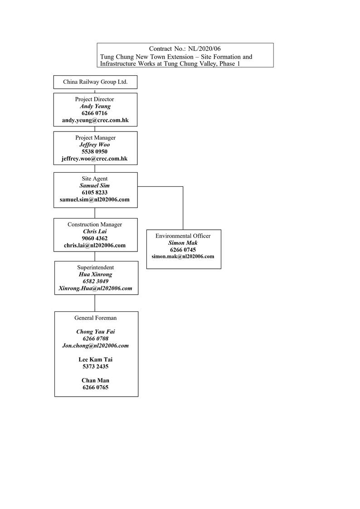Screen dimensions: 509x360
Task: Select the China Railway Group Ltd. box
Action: click(x=95, y=82)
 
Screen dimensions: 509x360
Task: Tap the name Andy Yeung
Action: click(x=95, y=106)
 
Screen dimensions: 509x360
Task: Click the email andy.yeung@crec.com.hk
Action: click(x=95, y=121)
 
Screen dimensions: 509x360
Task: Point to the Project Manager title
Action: click(x=95, y=137)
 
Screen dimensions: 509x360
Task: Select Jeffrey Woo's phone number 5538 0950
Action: click(x=95, y=151)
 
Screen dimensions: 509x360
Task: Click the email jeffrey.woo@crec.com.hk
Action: click(x=95, y=159)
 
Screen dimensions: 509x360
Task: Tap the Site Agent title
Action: click(x=95, y=179)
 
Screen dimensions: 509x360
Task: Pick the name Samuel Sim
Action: click(x=95, y=185)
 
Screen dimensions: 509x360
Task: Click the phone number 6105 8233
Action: click(x=95, y=192)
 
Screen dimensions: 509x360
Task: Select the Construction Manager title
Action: click(x=95, y=224)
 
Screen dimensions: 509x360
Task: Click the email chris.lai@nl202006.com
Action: click(x=95, y=245)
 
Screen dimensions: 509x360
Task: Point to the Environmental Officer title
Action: click(x=183, y=236)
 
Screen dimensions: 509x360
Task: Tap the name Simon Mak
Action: click(x=183, y=243)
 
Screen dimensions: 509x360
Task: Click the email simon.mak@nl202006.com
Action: click(x=183, y=257)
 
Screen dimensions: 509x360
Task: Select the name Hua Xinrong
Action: click(x=95, y=274)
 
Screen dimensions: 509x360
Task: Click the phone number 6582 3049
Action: click(x=95, y=281)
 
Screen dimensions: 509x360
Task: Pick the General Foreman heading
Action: click(x=95, y=318)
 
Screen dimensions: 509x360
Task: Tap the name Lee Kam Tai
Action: click(x=96, y=359)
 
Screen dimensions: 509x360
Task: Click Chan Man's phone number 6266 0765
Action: click(x=96, y=388)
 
